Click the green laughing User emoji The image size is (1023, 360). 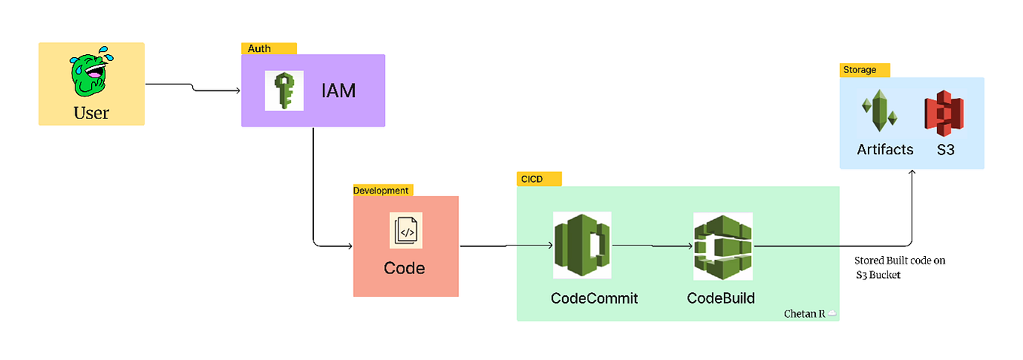(91, 73)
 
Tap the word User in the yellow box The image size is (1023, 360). (91, 113)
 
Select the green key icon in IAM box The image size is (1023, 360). (284, 90)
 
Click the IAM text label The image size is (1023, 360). (338, 91)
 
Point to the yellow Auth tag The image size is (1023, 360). (268, 48)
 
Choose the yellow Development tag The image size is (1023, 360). (383, 190)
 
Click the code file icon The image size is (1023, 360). (405, 231)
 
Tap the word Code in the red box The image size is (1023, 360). (405, 267)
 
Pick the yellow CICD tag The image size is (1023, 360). (539, 179)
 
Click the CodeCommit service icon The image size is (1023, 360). (582, 246)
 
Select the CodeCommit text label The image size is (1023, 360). (594, 298)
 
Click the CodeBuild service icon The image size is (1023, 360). (722, 246)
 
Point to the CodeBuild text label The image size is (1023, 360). (721, 298)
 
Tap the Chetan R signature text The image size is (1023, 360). (805, 313)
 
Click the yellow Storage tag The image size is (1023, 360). (864, 69)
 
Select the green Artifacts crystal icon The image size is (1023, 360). (878, 111)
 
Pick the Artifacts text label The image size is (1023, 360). (885, 149)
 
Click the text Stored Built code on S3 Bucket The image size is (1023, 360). (899, 267)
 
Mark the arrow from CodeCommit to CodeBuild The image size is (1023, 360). (652, 246)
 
